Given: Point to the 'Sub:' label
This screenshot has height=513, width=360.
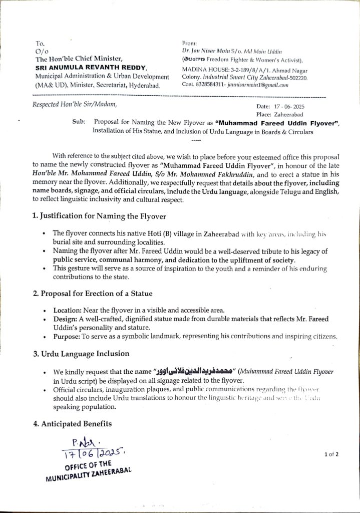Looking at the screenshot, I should click(79, 122).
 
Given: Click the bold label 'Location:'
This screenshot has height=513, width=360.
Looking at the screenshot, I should click(68, 311).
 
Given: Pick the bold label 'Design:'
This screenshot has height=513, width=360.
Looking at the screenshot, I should click(65, 319).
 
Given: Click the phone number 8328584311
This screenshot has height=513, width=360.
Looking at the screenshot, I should click(210, 85).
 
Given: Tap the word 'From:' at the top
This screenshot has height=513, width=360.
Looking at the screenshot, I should click(190, 44).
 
